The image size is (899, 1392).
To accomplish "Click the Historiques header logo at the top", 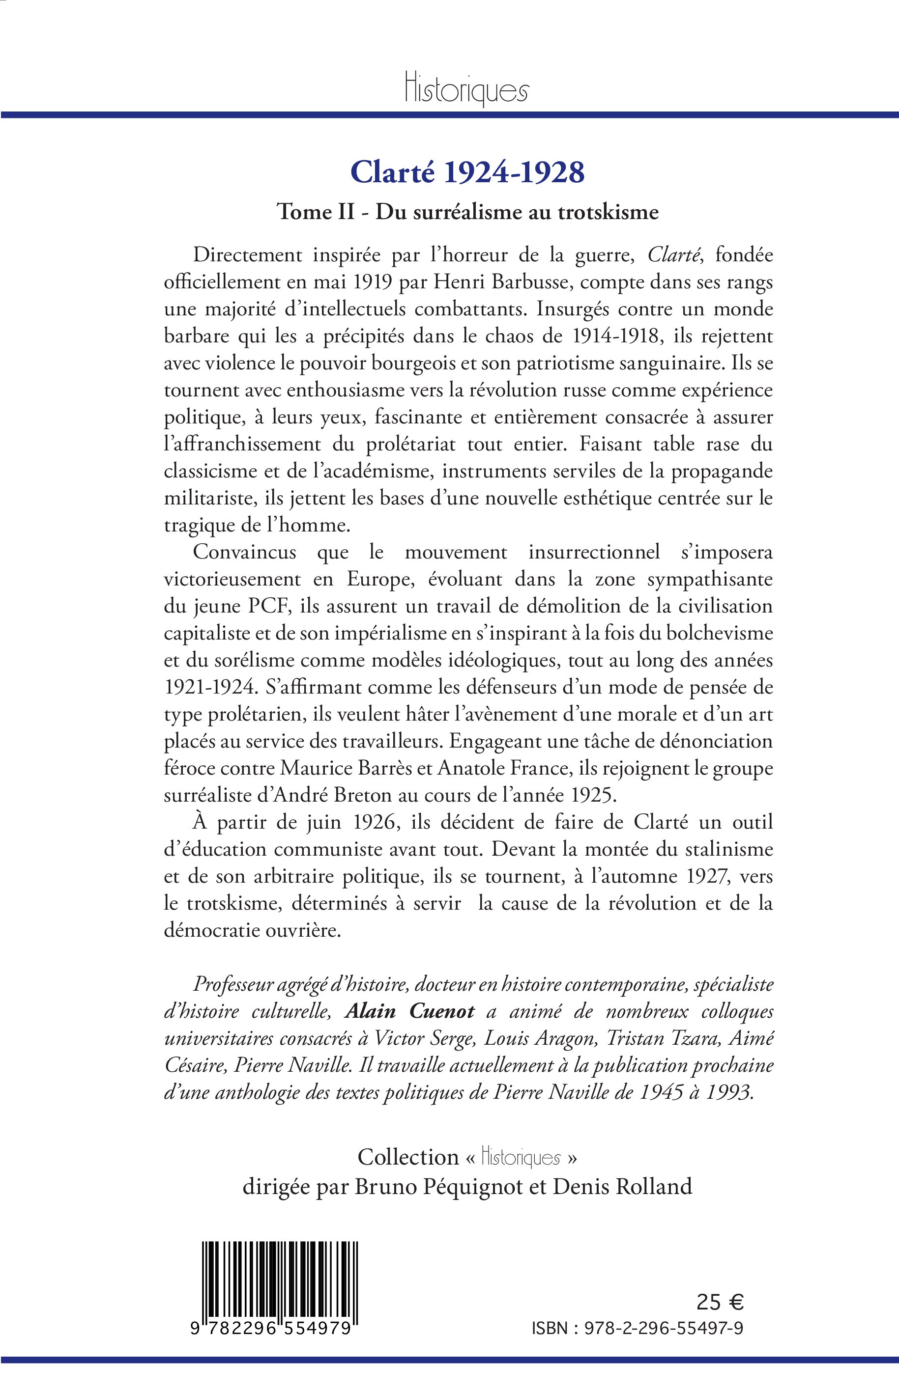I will click(466, 91).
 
